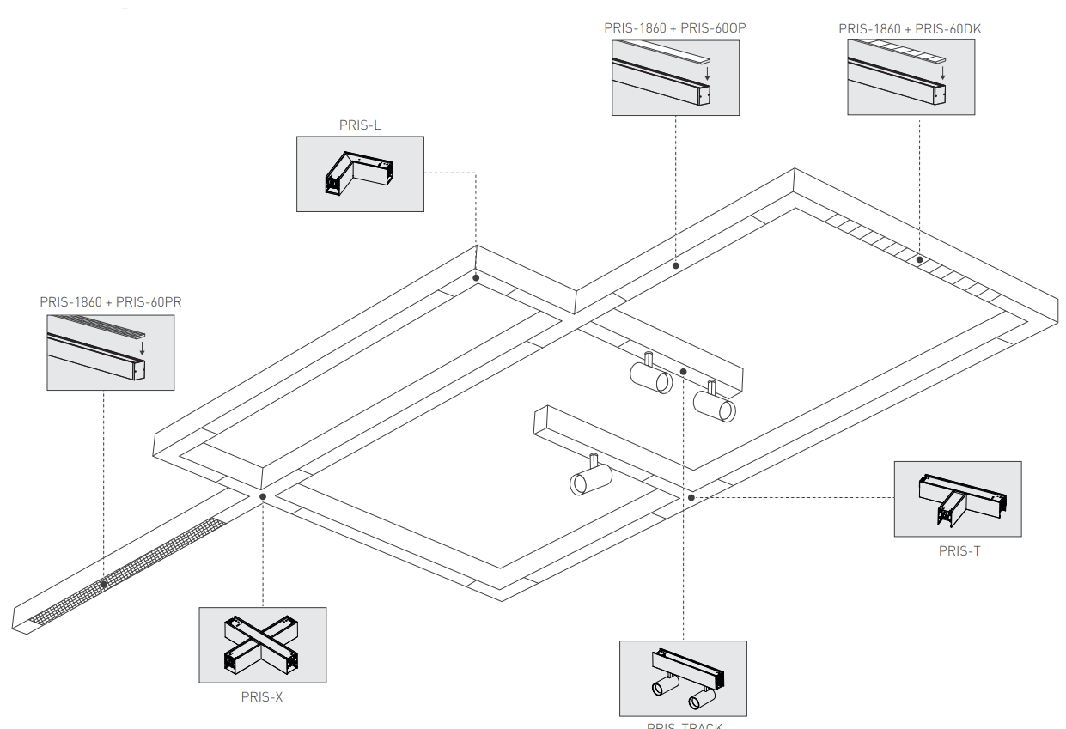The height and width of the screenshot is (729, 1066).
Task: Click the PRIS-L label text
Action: pos(360,125)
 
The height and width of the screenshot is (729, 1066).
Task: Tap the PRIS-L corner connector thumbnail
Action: pos(360,173)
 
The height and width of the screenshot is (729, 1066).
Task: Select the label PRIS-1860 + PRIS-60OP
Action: pos(674,28)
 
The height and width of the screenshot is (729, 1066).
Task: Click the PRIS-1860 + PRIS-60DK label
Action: pos(910,28)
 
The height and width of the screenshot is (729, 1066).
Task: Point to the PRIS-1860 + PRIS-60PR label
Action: pos(111,302)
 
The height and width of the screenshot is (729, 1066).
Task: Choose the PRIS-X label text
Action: pos(262,697)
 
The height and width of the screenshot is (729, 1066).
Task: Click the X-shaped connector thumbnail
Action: pos(262,645)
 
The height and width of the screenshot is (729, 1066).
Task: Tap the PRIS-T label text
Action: pos(959,550)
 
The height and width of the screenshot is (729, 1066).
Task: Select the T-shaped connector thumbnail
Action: pos(958,499)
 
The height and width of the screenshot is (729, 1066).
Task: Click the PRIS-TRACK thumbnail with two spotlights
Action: pos(683,678)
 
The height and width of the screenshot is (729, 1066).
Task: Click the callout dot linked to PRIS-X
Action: pos(263,496)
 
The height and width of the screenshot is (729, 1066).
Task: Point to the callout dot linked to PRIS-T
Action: pos(690,497)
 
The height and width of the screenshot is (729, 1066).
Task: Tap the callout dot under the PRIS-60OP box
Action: pos(676,266)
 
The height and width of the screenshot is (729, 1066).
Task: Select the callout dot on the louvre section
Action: pos(919,259)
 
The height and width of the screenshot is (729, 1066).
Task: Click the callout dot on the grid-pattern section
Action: pos(104,584)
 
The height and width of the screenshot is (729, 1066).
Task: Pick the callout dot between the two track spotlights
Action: pos(683,372)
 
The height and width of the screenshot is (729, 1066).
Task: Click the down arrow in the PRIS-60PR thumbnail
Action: pos(142,349)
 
